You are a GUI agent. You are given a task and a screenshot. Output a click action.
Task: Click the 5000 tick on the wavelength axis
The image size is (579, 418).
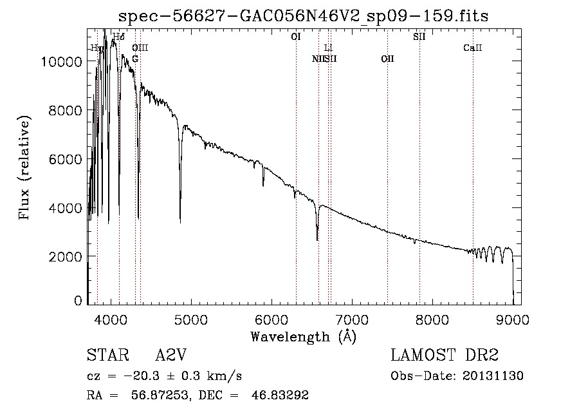tap(191, 318)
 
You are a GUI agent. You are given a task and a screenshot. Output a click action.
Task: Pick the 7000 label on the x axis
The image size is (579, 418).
tap(352, 318)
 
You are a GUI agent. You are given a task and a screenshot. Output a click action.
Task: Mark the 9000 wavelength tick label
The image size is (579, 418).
tap(513, 318)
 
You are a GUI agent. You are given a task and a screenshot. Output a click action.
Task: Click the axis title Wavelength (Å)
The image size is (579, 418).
tap(303, 336)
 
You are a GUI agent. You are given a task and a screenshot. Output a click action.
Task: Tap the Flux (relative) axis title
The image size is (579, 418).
tap(26, 168)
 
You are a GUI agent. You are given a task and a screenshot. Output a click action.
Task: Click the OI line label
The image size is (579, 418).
tap(296, 37)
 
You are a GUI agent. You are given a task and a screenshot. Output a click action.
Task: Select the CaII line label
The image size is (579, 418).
tap(473, 48)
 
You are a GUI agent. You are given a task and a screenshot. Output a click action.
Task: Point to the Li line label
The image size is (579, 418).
tap(328, 48)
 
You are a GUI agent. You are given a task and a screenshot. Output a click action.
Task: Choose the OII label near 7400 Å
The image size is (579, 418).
tap(387, 59)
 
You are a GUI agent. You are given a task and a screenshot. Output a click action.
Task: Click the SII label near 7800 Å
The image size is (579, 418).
tap(419, 37)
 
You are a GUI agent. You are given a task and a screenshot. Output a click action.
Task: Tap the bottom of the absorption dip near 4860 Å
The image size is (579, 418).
tap(180, 222)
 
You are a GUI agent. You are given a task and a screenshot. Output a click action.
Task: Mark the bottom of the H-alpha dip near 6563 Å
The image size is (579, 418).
tap(317, 240)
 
